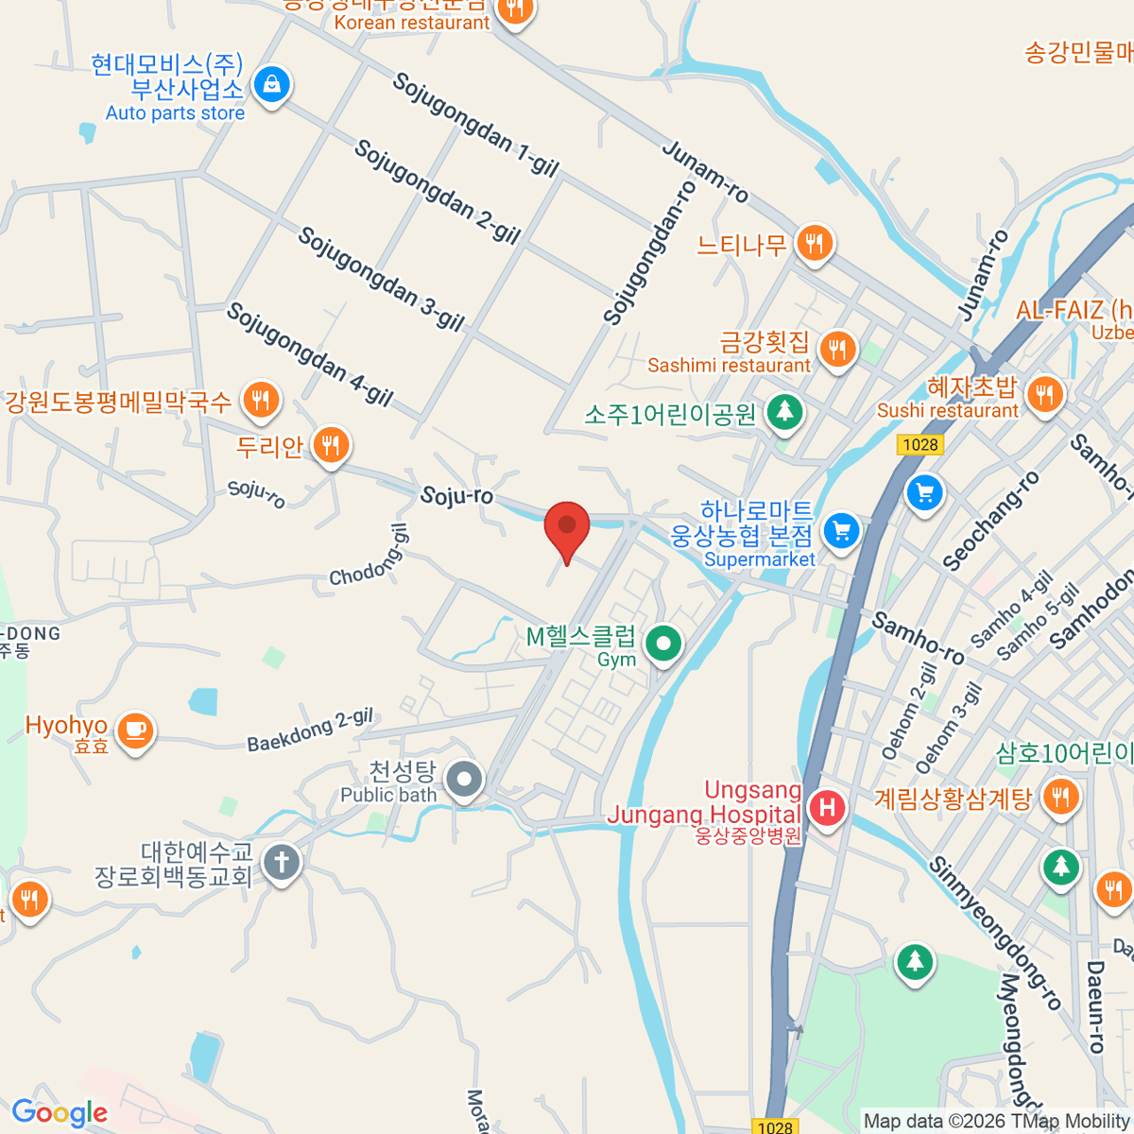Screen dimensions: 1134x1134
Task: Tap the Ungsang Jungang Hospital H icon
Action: tap(828, 808)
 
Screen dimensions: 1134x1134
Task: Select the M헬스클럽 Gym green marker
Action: tap(663, 644)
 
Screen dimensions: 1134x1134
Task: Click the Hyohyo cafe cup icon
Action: tap(135, 730)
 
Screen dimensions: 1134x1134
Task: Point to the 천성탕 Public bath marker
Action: tap(464, 781)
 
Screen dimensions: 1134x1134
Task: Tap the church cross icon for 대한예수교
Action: tap(282, 862)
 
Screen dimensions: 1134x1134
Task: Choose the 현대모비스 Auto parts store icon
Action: tap(271, 86)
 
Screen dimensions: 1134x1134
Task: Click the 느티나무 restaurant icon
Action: tap(814, 244)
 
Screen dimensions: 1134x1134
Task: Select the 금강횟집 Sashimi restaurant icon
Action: tap(836, 349)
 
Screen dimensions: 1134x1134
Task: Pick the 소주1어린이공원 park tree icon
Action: tap(784, 411)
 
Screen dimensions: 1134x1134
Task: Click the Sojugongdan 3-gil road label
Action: tap(381, 279)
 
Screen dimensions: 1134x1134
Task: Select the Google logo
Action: tap(60, 1112)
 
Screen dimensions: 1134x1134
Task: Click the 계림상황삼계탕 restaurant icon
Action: tap(1060, 797)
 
